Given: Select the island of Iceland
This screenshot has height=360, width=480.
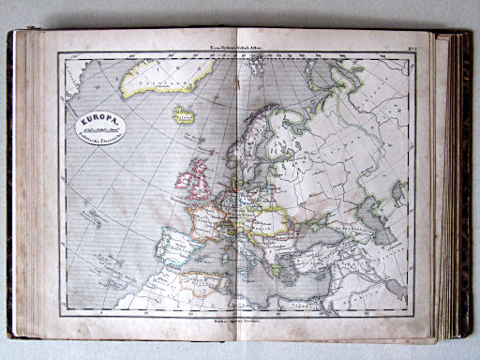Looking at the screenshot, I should pos(184,115).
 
